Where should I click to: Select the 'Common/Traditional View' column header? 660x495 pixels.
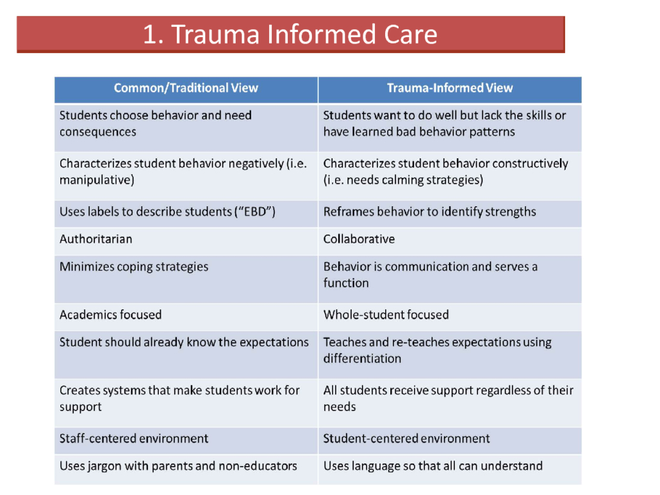[186, 88]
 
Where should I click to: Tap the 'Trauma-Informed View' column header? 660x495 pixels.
[450, 88]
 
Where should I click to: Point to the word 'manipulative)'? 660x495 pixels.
[97, 180]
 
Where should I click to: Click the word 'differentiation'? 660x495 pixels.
[362, 359]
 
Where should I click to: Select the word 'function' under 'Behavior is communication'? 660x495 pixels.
[346, 283]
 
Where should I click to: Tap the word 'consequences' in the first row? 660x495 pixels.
[97, 132]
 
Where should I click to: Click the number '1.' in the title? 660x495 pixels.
[153, 35]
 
